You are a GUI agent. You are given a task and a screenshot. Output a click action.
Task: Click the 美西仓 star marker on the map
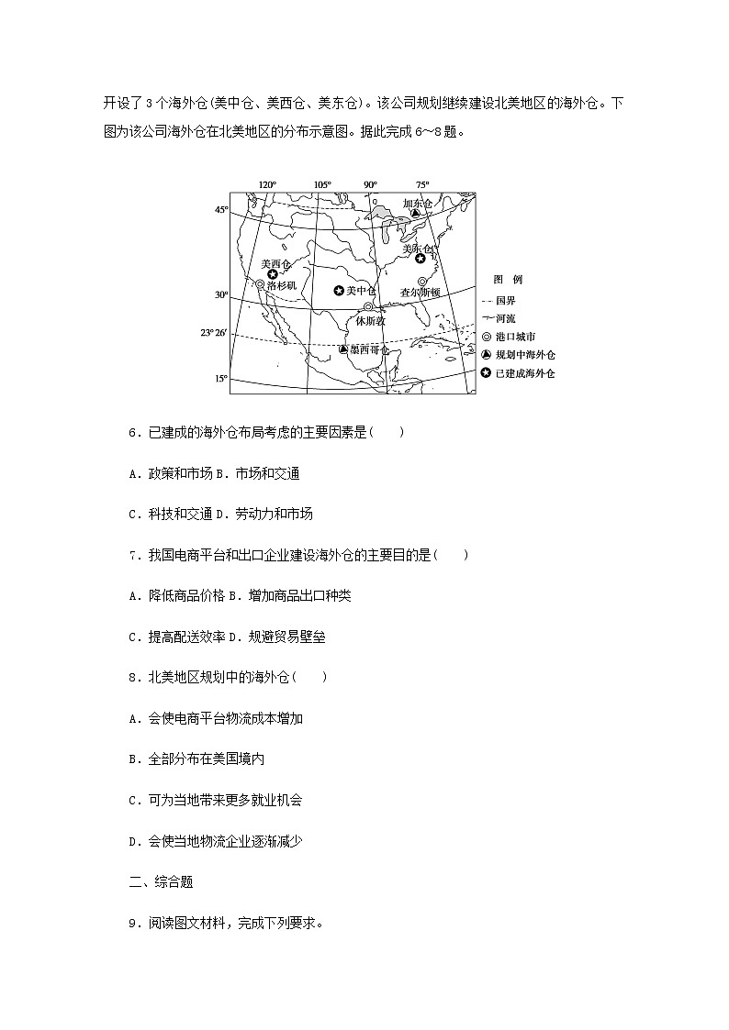point(273,274)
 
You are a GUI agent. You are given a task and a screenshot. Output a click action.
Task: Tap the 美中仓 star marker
point(339,291)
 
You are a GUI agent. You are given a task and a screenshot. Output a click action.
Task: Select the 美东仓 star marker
point(421,259)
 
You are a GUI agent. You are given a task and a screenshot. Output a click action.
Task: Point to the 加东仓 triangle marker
point(415,213)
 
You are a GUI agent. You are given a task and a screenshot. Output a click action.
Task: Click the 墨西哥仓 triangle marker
point(342,349)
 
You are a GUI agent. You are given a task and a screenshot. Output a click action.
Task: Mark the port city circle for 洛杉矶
point(261,285)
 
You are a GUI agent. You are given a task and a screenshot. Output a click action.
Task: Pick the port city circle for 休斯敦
point(368,307)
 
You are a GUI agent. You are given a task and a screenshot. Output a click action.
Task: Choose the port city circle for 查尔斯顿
point(422,282)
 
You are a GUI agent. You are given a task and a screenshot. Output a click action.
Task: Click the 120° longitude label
point(267,184)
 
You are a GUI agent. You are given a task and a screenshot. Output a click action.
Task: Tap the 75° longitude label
point(421,184)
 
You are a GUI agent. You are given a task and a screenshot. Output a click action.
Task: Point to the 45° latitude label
point(221,210)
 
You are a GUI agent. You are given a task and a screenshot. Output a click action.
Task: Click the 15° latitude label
point(221,378)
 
